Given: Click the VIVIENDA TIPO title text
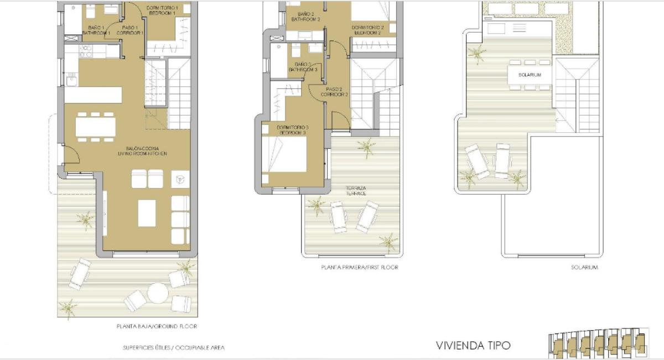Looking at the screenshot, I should pyautogui.click(x=473, y=346).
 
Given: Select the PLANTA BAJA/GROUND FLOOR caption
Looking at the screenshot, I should pyautogui.click(x=157, y=326).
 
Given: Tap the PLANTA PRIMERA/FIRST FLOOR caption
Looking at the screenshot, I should pyautogui.click(x=360, y=267).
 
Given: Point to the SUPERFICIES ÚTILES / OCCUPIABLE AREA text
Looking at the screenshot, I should pyautogui.click(x=173, y=348).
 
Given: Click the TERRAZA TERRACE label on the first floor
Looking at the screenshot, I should pyautogui.click(x=357, y=191).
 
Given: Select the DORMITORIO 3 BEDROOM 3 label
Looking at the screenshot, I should pyautogui.click(x=292, y=131).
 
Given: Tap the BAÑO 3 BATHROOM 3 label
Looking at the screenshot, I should pyautogui.click(x=302, y=67).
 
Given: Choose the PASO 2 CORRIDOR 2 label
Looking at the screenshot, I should pyautogui.click(x=334, y=92).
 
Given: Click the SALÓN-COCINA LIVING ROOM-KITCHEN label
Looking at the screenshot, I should pyautogui.click(x=146, y=151).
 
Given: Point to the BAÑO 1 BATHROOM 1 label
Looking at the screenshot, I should pyautogui.click(x=96, y=30).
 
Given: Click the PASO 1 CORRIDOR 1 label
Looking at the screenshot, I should pyautogui.click(x=130, y=30).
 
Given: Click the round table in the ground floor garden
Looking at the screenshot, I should pyautogui.click(x=158, y=293).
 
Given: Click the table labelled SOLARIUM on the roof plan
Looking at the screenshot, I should pyautogui.click(x=530, y=75).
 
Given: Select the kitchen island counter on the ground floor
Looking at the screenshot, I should pyautogui.click(x=93, y=95).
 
